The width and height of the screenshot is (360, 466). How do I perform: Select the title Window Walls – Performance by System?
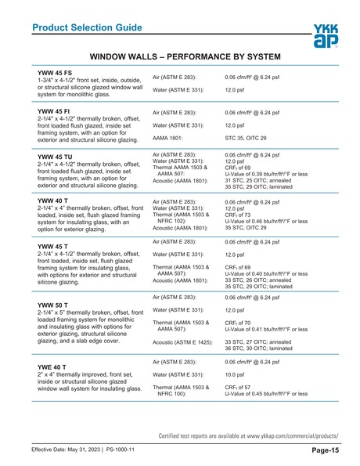pyautogui.click(x=185, y=58)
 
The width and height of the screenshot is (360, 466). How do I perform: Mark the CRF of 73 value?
pyautogui.click(x=243, y=215)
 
